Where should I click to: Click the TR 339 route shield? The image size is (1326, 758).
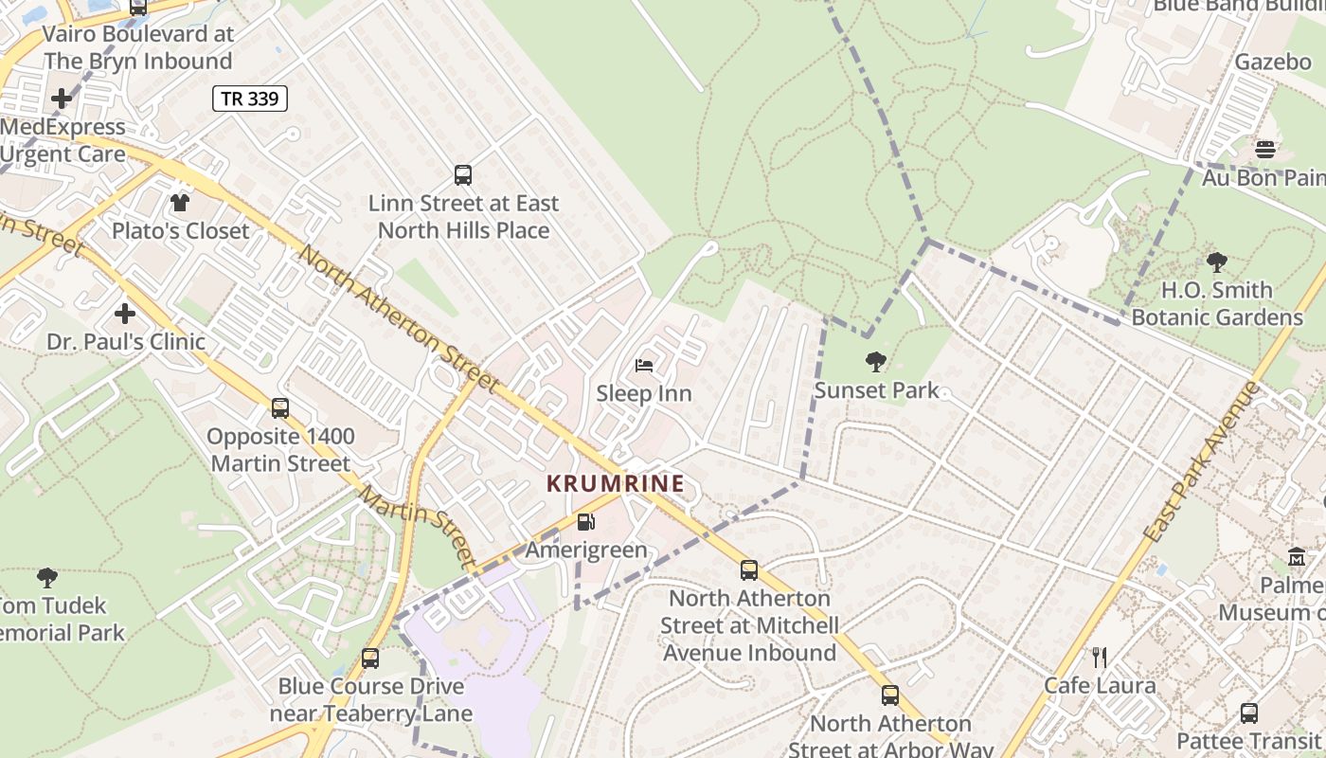[249, 99]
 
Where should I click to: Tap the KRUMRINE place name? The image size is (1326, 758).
[616, 483]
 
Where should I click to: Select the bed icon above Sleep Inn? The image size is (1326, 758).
[644, 365]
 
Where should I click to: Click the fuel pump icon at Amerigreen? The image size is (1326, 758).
[586, 521]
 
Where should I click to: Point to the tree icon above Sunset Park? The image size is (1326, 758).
[876, 361]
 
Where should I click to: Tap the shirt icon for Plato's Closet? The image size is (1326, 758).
[180, 202]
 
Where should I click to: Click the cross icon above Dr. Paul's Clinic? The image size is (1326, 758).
[125, 313]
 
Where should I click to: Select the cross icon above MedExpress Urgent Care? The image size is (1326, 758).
[62, 98]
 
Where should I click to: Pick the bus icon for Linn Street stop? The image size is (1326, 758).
[463, 174]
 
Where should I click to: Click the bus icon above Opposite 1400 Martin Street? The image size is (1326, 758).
[280, 407]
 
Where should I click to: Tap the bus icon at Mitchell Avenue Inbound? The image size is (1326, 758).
[749, 569]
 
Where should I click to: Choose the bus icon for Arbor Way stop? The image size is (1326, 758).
[890, 695]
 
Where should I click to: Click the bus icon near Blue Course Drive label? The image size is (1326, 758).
[370, 658]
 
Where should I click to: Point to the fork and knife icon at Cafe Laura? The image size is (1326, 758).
[1100, 657]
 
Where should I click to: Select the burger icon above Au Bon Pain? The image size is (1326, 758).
[1265, 149]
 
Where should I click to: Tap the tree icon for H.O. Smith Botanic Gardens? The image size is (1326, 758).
[1217, 262]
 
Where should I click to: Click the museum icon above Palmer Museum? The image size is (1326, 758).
[1297, 557]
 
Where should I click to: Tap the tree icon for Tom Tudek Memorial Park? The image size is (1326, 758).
[47, 577]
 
